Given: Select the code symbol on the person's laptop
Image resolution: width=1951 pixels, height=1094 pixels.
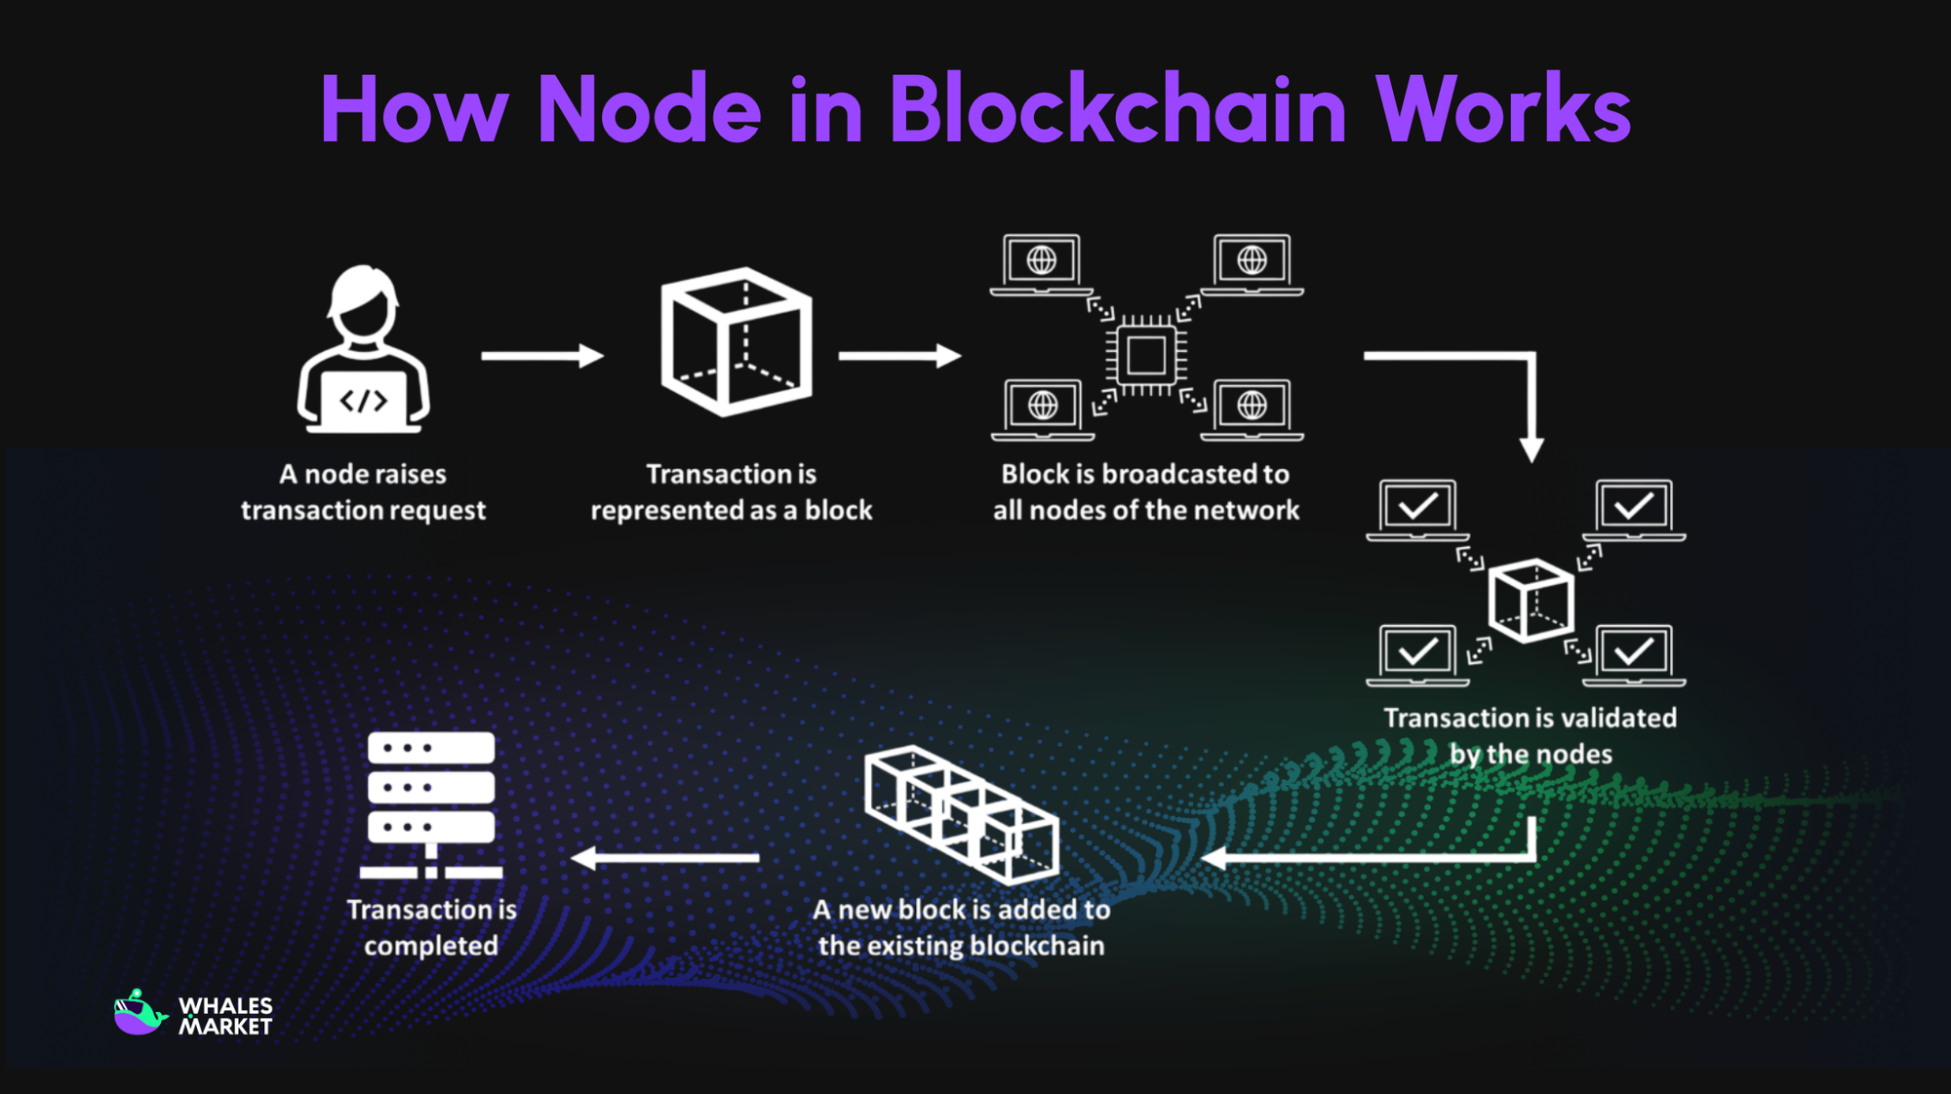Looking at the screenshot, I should coord(363,401).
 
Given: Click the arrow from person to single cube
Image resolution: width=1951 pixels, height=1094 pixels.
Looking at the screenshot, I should coord(542,356).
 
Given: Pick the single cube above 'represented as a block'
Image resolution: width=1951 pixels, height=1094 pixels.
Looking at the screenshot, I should coord(737,341).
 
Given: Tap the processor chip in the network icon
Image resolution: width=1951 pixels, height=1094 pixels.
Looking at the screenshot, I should coord(1146,355).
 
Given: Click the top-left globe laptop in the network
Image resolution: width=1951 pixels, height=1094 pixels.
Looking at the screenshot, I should coord(1042,264).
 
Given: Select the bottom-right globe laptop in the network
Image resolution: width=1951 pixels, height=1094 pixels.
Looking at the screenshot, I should coord(1253,409).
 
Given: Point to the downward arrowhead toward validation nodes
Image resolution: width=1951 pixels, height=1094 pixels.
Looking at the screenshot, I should coord(1532,449).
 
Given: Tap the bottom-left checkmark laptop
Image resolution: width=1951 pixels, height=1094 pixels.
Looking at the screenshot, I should coord(1417,654).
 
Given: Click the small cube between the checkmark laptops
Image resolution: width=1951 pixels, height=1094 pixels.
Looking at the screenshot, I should coord(1531,600).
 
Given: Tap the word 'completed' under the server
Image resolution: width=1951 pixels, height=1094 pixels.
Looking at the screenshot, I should coord(430,946).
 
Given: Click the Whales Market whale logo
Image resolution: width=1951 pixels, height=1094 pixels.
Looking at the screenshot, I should coord(138,1014).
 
